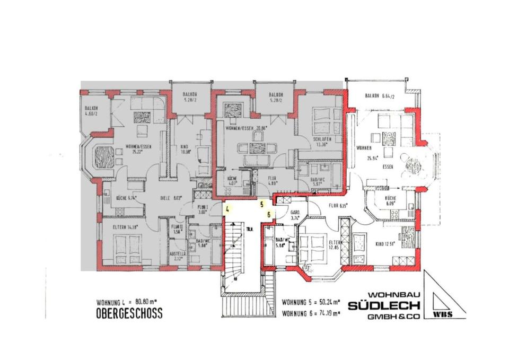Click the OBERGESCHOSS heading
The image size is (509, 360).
(129, 313)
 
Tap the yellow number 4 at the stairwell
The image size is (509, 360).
(227, 209)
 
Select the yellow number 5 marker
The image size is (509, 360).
(261, 203)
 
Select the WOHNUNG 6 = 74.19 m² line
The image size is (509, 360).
(311, 313)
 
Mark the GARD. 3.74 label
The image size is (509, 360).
(296, 214)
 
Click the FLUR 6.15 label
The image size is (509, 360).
(337, 206)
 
